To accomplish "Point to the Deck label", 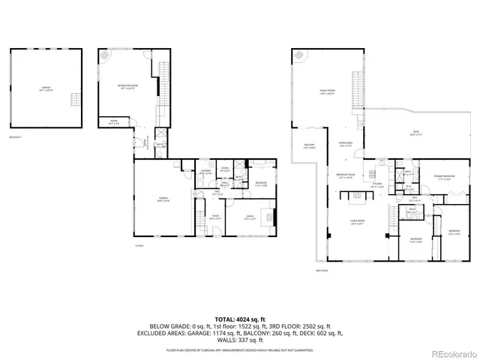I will click(415, 134).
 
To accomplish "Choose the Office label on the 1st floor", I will click(250, 217).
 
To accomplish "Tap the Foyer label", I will click(215, 217).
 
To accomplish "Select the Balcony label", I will click(309, 146).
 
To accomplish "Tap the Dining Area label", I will click(346, 145).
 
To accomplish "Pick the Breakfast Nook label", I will click(345, 178).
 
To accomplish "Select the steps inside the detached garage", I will click(73, 99).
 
